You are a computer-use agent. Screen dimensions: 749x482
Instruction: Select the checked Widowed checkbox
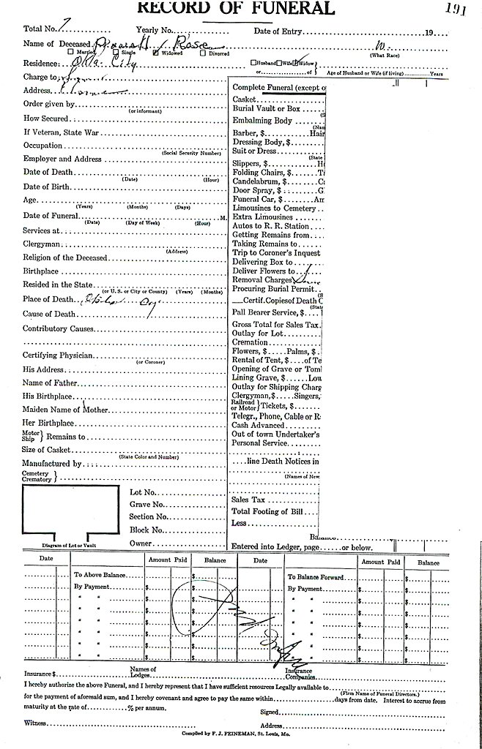[x=155, y=53]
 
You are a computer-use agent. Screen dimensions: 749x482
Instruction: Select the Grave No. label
[x=147, y=505]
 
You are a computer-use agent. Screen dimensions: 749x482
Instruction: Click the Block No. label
[x=147, y=529]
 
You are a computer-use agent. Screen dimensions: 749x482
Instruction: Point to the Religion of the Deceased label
[x=65, y=257]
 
